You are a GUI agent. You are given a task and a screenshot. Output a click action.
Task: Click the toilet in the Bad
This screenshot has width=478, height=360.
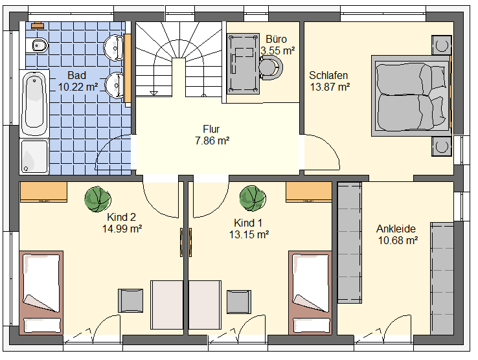click(38, 46)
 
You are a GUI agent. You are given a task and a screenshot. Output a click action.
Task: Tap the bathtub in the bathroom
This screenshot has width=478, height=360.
click(34, 104)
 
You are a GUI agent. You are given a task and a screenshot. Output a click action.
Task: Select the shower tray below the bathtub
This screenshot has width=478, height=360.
click(34, 157)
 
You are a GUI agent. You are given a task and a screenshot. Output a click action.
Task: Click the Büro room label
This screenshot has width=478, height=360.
click(276, 39)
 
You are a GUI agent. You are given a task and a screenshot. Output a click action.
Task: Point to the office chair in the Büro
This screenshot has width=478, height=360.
click(271, 68)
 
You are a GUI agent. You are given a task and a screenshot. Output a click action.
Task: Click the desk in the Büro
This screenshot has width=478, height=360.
click(243, 63)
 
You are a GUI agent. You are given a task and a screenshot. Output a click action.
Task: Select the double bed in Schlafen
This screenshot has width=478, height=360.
click(411, 95)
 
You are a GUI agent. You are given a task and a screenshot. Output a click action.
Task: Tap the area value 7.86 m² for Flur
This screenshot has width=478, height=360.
click(212, 141)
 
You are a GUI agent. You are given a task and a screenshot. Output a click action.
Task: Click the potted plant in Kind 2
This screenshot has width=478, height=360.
click(98, 199)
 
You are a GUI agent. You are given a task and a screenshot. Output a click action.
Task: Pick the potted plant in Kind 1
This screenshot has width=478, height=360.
click(253, 198)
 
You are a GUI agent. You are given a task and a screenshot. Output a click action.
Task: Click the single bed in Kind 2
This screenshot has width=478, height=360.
click(41, 293)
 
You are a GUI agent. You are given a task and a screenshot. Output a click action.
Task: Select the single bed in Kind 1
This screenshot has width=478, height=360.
click(310, 293)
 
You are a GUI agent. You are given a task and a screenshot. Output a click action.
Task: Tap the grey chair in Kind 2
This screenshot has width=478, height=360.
click(130, 300)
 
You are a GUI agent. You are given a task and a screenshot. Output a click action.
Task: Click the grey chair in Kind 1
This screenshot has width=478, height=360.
click(239, 302)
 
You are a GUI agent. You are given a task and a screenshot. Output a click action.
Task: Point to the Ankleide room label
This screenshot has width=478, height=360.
click(396, 229)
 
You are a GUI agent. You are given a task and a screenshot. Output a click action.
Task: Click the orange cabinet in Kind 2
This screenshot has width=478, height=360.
click(43, 192)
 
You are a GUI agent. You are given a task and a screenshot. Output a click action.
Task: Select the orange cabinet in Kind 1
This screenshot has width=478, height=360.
click(309, 192)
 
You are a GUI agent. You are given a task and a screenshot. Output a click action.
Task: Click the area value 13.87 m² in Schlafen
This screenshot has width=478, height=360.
click(330, 87)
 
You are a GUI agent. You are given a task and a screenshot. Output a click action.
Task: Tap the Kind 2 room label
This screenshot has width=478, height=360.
click(121, 217)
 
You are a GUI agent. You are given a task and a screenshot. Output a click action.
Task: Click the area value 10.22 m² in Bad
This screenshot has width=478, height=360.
click(78, 87)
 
